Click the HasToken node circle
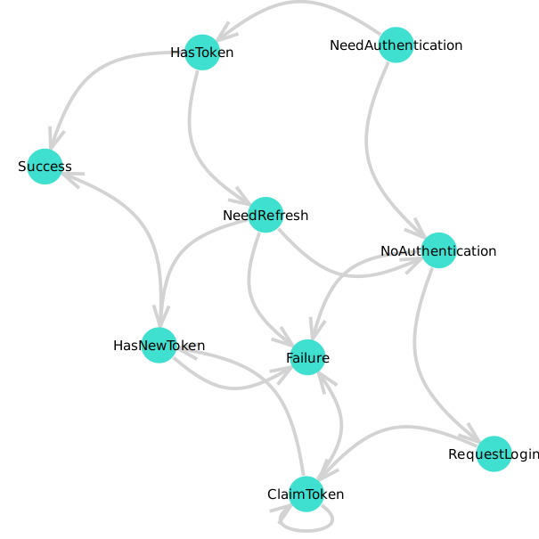(202, 53)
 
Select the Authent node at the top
(396, 45)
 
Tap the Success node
(45, 167)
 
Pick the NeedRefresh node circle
(265, 215)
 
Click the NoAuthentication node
(438, 250)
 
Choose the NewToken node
(159, 345)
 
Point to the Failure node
(307, 357)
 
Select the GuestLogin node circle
(494, 453)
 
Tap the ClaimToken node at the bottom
(306, 494)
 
